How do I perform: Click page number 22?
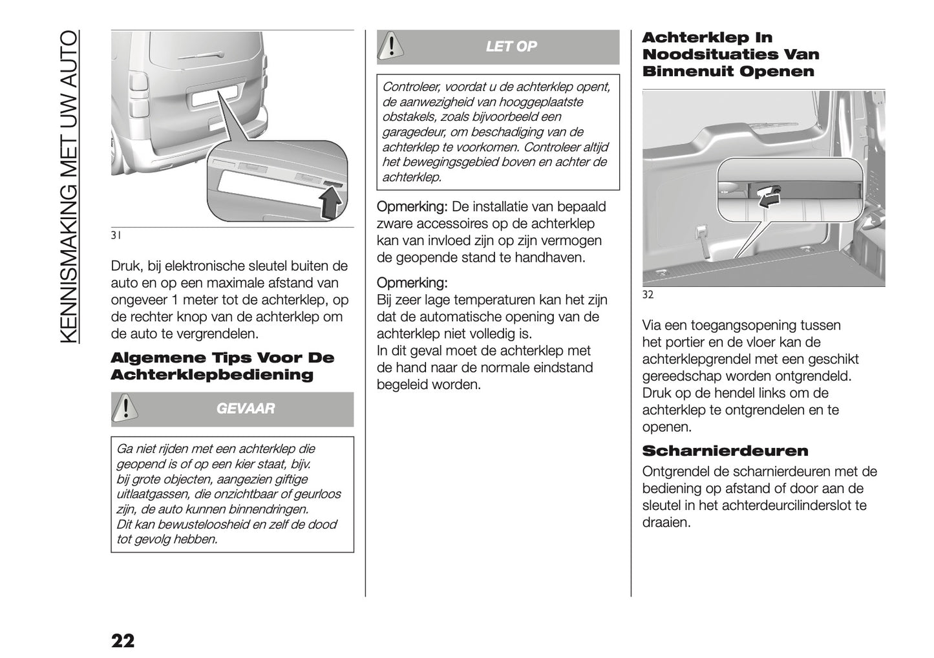tap(123, 641)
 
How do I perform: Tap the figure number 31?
tap(116, 235)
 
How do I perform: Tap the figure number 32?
tap(648, 294)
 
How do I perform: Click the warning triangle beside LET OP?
tap(389, 47)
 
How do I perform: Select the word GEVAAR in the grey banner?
tap(245, 409)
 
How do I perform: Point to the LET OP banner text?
tap(511, 47)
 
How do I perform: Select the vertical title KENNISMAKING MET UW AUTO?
tap(70, 187)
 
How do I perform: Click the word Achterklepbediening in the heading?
tap(212, 375)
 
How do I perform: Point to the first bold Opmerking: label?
tap(412, 207)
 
